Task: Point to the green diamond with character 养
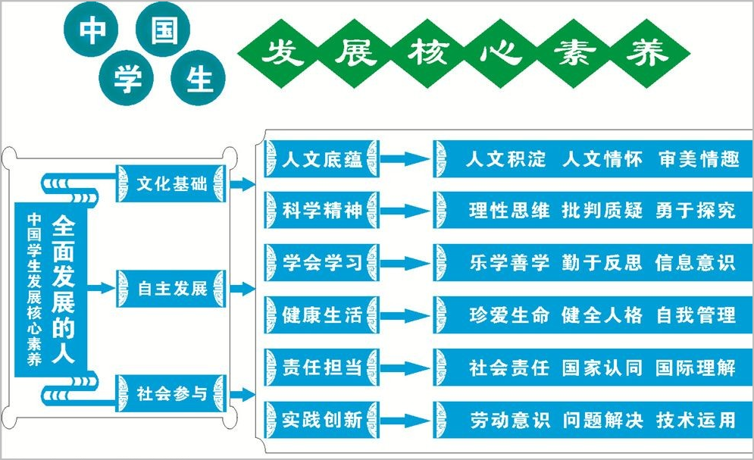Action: pyautogui.click(x=649, y=52)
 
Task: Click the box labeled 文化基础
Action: pyautogui.click(x=172, y=185)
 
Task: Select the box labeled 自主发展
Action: pyautogui.click(x=172, y=289)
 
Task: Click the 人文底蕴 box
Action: pyautogui.click(x=321, y=160)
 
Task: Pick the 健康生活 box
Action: pyautogui.click(x=321, y=314)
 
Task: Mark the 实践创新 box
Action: pyautogui.click(x=321, y=418)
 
